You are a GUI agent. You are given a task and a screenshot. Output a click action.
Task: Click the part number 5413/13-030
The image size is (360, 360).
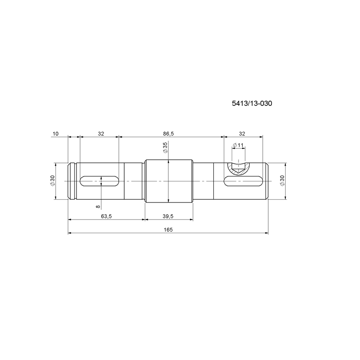(x=252, y=103)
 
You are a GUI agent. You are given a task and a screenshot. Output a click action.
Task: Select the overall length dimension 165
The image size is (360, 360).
(x=168, y=229)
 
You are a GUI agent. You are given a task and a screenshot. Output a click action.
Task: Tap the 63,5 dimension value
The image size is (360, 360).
(x=106, y=216)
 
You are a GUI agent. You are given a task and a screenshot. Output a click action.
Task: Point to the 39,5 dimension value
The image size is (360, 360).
(x=168, y=216)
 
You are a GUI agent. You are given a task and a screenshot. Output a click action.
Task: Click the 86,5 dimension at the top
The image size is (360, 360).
(x=168, y=134)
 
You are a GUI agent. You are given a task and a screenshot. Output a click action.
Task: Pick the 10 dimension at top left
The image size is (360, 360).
(x=55, y=134)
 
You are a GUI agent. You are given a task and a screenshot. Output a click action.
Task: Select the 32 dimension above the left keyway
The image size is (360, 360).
(x=101, y=134)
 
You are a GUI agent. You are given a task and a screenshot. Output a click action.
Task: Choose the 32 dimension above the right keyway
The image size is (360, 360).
(x=242, y=134)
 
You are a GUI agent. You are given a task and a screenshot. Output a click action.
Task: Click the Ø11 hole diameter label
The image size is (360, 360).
(x=238, y=145)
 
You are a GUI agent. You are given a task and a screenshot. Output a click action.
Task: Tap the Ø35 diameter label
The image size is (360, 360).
(x=165, y=147)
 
